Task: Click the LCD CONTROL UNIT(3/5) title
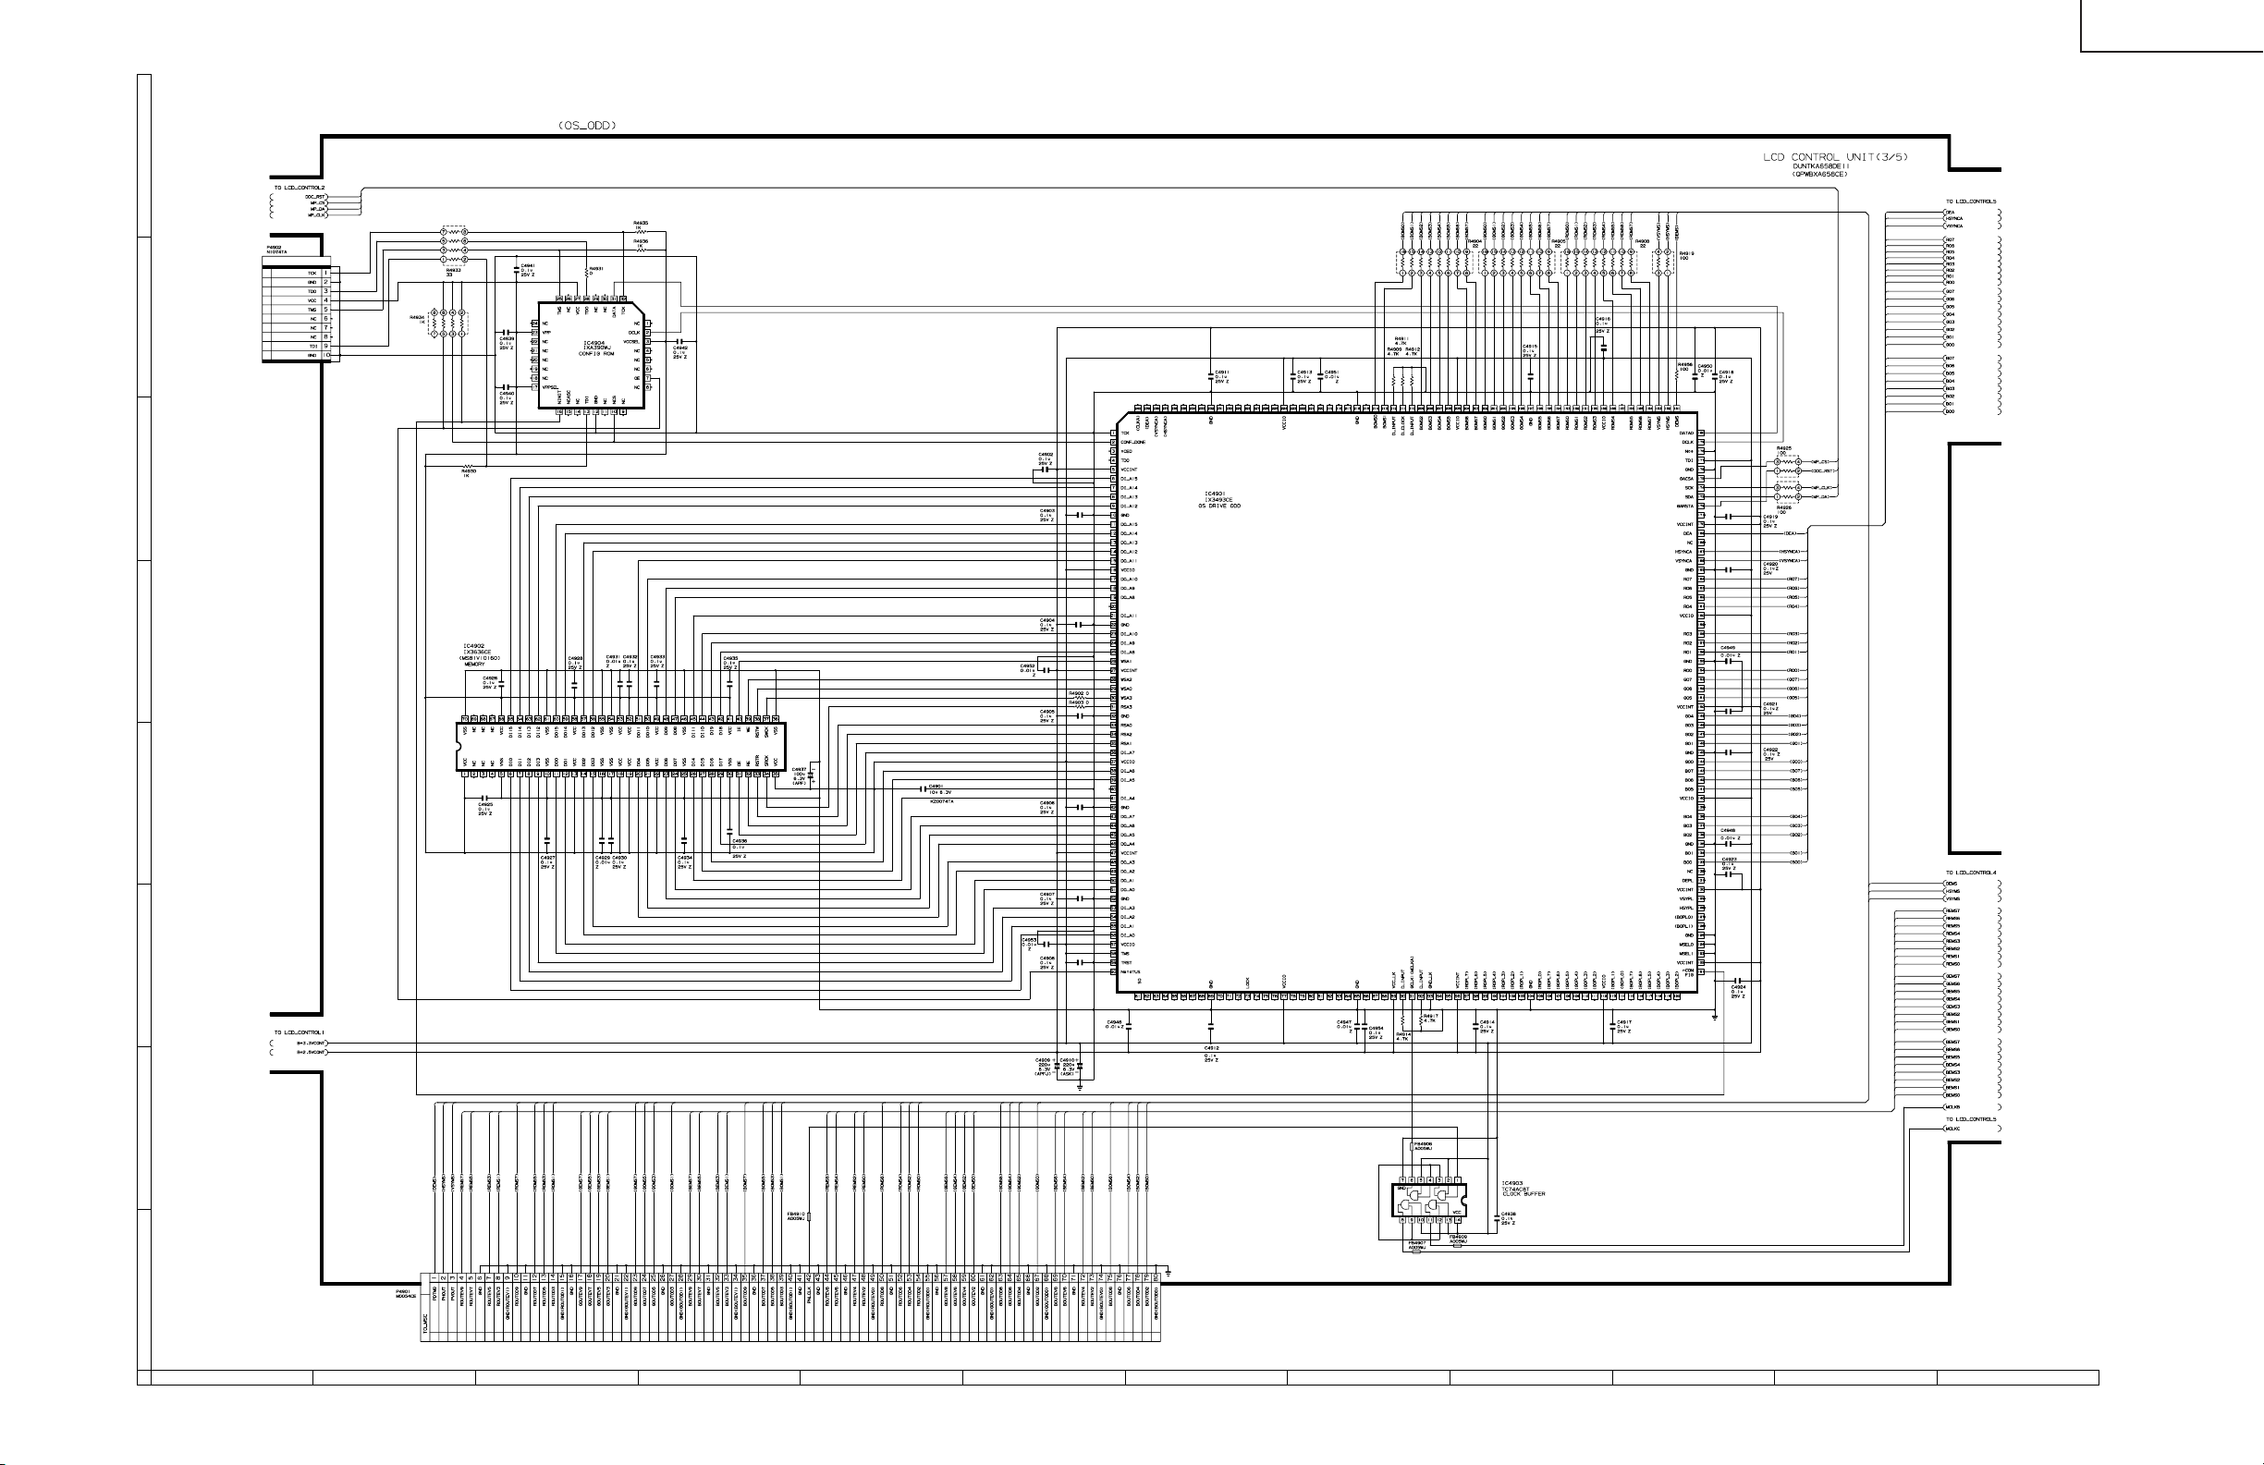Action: [x=1835, y=157]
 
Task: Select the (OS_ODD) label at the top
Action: [x=586, y=126]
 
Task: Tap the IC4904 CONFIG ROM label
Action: [x=593, y=348]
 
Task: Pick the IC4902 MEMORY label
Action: [x=481, y=657]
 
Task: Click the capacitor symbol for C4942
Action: [x=679, y=340]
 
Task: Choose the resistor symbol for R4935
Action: [x=642, y=233]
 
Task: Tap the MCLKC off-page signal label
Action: [x=1954, y=1129]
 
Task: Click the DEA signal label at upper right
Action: [x=1950, y=211]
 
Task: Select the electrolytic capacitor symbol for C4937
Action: [x=811, y=775]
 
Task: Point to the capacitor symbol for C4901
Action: [x=924, y=788]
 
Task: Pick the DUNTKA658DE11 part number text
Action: [x=1820, y=166]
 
